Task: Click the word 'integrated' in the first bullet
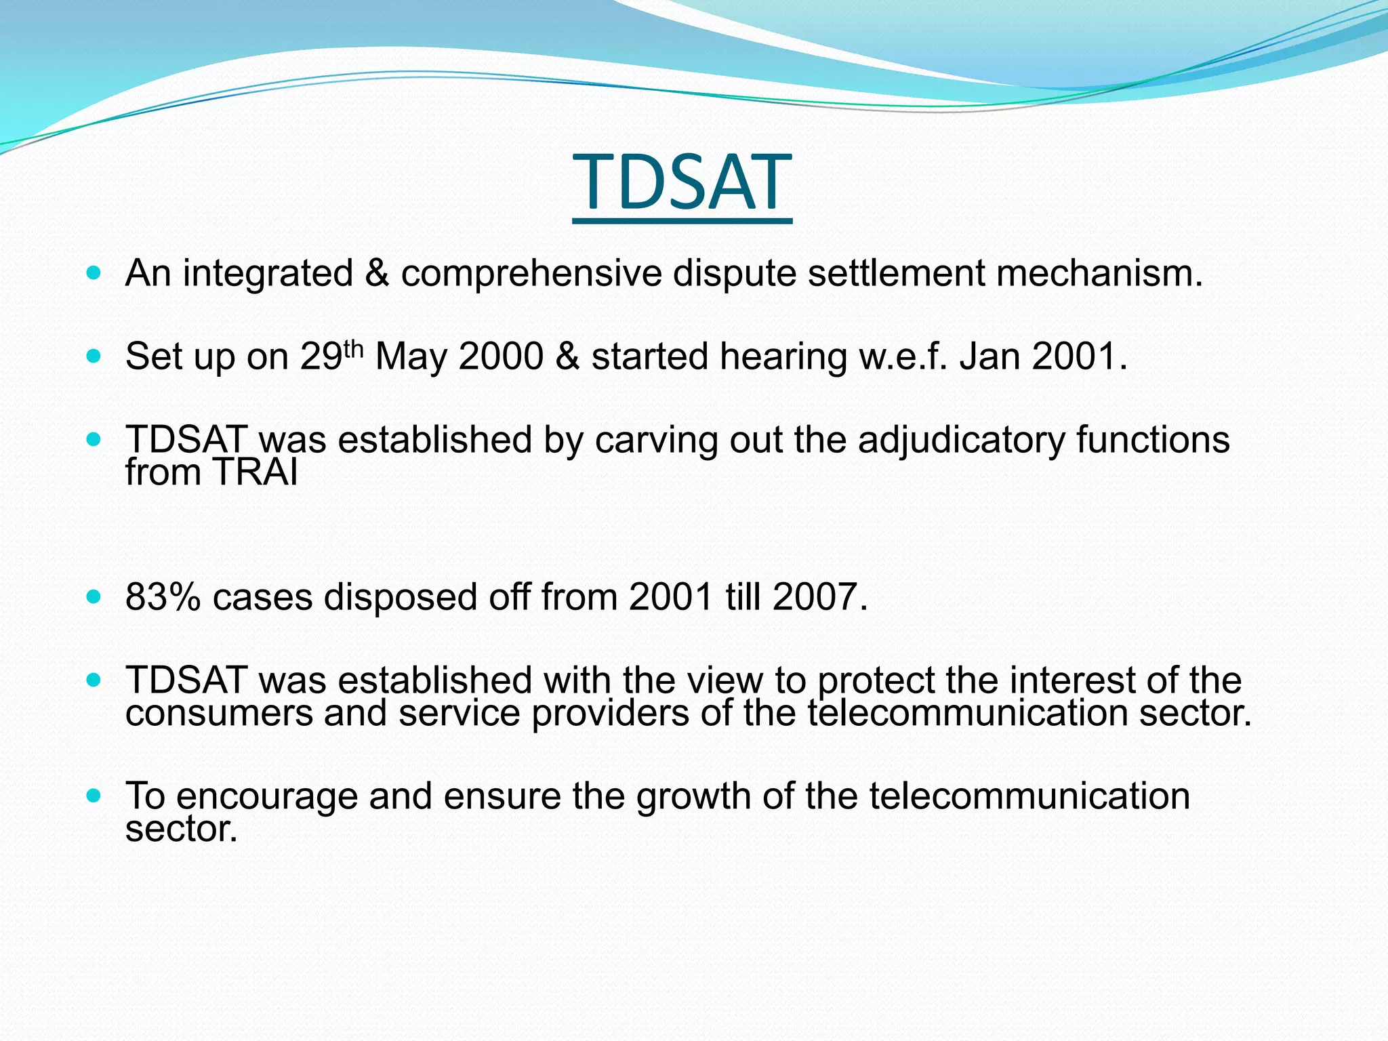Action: point(268,274)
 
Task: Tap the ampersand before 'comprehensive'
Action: point(377,273)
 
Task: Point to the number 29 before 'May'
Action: point(321,356)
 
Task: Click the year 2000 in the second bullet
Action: point(501,356)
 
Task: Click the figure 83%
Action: point(163,598)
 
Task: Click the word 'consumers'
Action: point(218,714)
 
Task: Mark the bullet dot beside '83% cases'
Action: point(94,597)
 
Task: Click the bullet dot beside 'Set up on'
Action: point(94,356)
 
